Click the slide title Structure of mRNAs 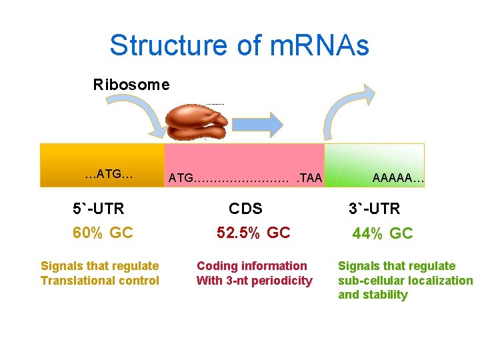coord(239,46)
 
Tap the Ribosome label coord(131,85)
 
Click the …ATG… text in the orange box coord(109,175)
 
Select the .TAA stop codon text coord(309,178)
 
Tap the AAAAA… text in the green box coord(398,178)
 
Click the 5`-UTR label coord(99,209)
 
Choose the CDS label coord(245,209)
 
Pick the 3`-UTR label coord(374,209)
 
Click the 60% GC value coord(103,233)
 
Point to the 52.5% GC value coord(253,233)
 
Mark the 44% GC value coord(383,233)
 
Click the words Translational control coord(100,281)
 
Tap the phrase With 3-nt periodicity coord(254,281)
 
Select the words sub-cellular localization coord(405,281)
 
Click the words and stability coord(373,295)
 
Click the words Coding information coord(252,266)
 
